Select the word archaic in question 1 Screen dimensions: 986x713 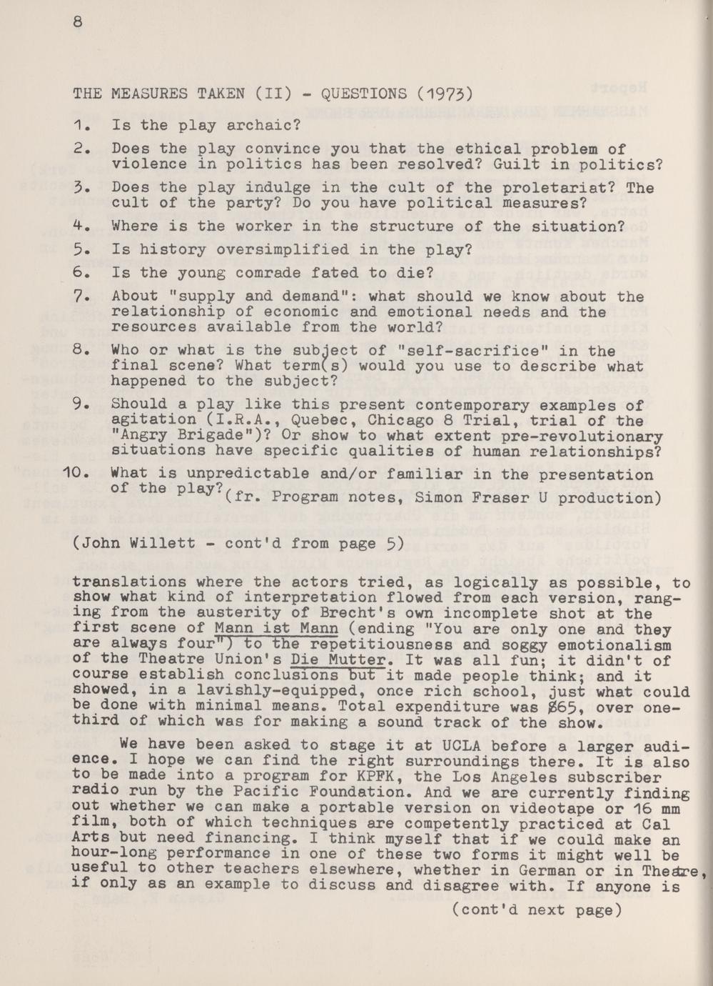(x=265, y=125)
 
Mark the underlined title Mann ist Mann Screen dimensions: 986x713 (x=275, y=629)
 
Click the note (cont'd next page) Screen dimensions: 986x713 (x=537, y=910)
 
